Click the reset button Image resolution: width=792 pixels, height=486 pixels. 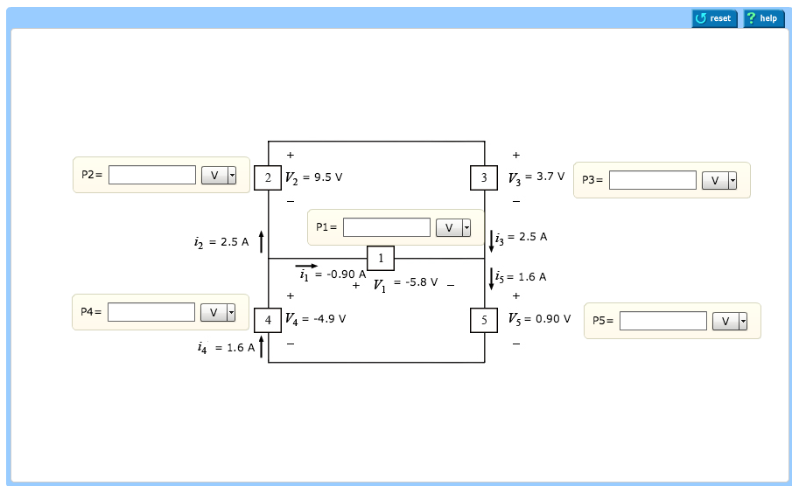[x=714, y=18]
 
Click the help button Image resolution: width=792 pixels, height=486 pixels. [x=763, y=18]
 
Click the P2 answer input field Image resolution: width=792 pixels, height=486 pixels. [x=152, y=175]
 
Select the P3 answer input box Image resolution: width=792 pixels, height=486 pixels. [x=652, y=180]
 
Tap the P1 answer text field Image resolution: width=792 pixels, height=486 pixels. [x=386, y=227]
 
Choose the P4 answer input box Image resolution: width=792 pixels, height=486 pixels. [x=151, y=312]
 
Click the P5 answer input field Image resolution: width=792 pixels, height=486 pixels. [x=662, y=321]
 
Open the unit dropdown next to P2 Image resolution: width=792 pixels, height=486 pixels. [x=219, y=175]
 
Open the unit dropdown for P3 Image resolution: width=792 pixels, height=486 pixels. [x=719, y=180]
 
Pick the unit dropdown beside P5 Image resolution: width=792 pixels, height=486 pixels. [x=730, y=321]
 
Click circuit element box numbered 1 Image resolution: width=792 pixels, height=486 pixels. [x=381, y=258]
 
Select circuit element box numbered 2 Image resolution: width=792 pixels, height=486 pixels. [x=268, y=177]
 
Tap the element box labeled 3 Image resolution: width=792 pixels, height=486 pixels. [x=484, y=177]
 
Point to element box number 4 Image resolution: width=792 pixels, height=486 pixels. [x=268, y=320]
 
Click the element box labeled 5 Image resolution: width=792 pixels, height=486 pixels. [x=484, y=320]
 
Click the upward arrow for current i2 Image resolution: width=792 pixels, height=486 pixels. [x=261, y=241]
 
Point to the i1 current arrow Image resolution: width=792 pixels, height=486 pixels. [x=306, y=265]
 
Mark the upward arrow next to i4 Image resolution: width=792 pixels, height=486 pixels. [x=261, y=346]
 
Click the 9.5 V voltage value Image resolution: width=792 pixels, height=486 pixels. [x=327, y=177]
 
